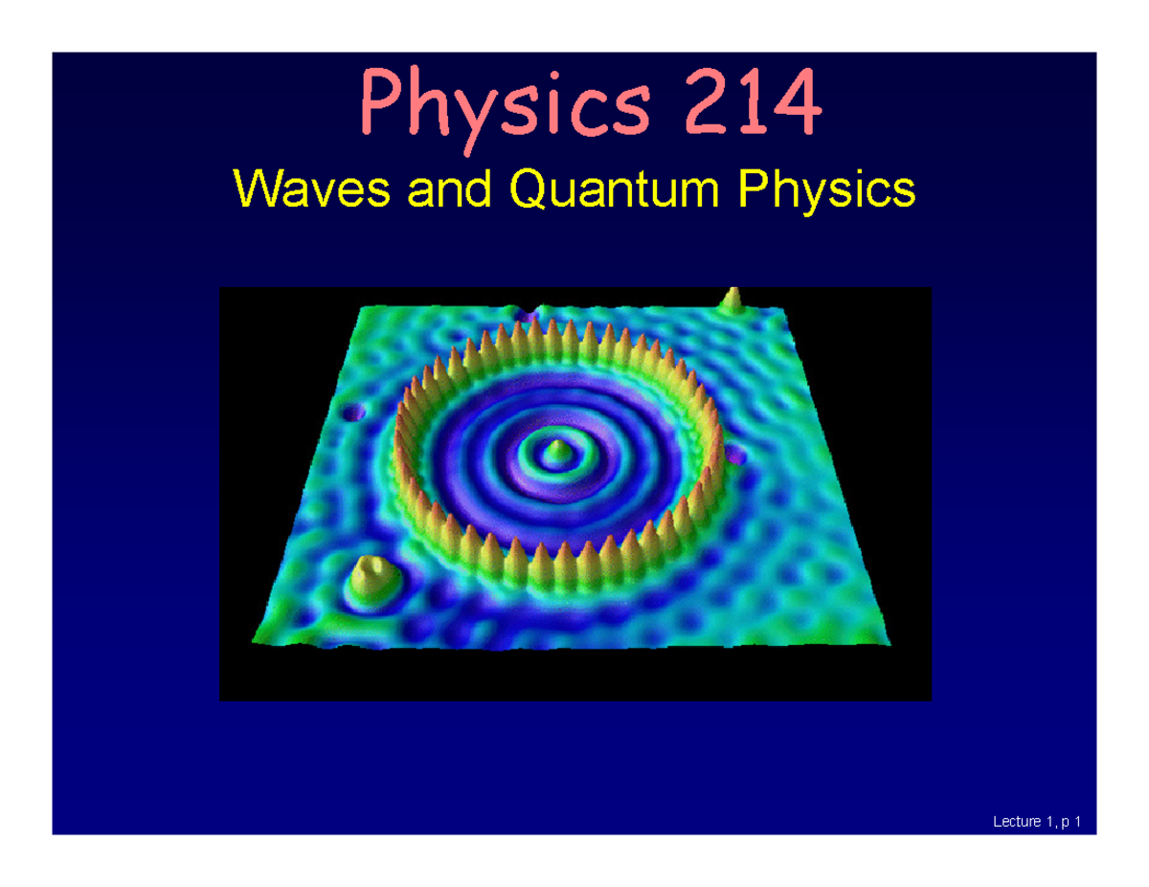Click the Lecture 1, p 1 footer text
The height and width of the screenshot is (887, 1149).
(x=1039, y=821)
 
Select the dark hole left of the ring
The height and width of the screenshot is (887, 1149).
(x=355, y=413)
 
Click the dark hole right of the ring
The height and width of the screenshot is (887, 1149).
(x=735, y=455)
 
